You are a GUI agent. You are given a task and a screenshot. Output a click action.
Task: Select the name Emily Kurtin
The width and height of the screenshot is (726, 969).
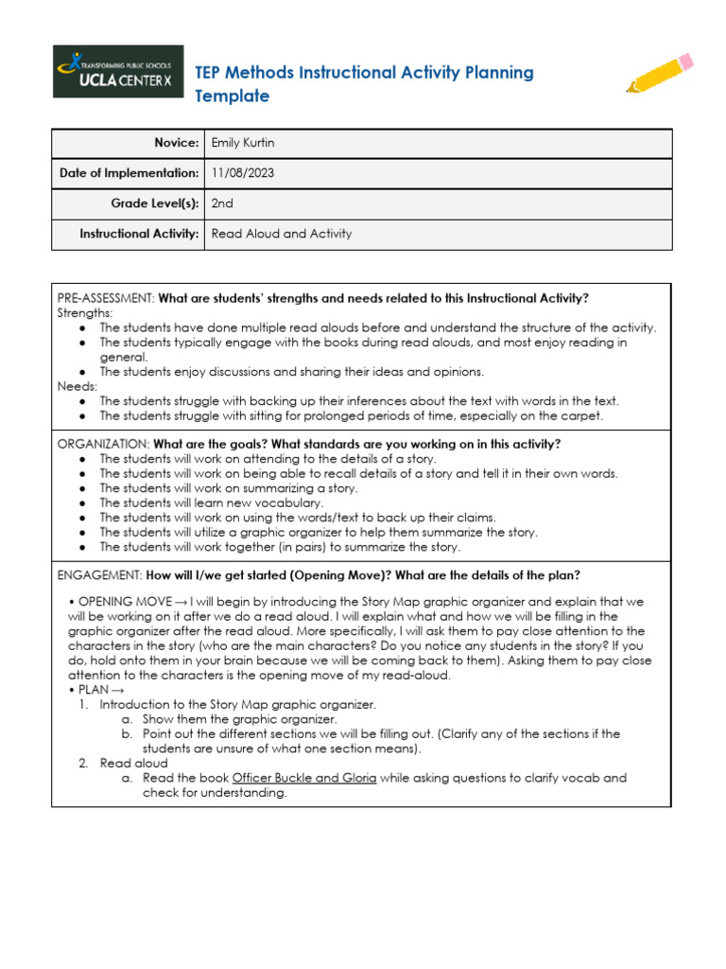pyautogui.click(x=243, y=143)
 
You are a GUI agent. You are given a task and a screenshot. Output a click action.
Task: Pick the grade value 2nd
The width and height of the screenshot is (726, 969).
pyautogui.click(x=222, y=203)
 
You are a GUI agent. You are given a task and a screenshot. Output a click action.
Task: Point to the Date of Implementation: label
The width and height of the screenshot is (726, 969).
pyautogui.click(x=129, y=173)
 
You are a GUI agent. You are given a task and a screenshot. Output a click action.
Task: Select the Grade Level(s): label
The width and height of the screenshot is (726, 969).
pyautogui.click(x=153, y=203)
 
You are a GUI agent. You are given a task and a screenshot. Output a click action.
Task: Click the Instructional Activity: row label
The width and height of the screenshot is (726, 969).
pyautogui.click(x=139, y=234)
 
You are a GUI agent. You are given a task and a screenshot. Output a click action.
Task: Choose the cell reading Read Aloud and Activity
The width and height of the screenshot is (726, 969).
pyautogui.click(x=281, y=234)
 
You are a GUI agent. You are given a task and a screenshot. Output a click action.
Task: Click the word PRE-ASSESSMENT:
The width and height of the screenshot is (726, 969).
pyautogui.click(x=106, y=298)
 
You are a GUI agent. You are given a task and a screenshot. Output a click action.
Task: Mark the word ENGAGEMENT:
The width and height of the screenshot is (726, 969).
pyautogui.click(x=99, y=574)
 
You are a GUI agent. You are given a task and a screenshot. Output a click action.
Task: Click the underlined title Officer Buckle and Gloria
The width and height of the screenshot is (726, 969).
pyautogui.click(x=303, y=778)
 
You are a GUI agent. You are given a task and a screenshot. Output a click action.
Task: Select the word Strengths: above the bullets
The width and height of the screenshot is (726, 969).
pyautogui.click(x=85, y=312)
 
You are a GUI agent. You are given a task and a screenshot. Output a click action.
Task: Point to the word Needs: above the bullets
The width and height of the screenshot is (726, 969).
pyautogui.click(x=77, y=386)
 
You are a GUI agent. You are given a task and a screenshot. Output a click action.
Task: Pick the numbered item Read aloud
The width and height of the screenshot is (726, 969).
pyautogui.click(x=133, y=763)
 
